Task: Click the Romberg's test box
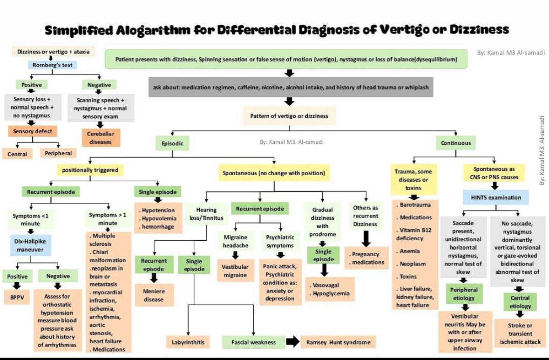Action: coord(52,65)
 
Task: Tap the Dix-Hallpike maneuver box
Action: coord(30,245)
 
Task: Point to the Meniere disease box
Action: coord(154,295)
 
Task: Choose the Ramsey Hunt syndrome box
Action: coord(338,342)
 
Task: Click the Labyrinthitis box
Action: coord(188,342)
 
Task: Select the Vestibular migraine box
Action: coord(235,271)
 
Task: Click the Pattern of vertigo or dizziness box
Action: coord(289,116)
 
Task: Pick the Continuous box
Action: coord(456,143)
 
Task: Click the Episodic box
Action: coord(172,143)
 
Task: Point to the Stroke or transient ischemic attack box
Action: coord(520,333)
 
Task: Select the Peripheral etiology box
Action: coord(464,294)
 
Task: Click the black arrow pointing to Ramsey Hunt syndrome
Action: coord(292,342)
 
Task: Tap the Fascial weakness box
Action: coord(253,342)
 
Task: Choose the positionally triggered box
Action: coord(90,170)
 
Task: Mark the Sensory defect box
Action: coord(32,131)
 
